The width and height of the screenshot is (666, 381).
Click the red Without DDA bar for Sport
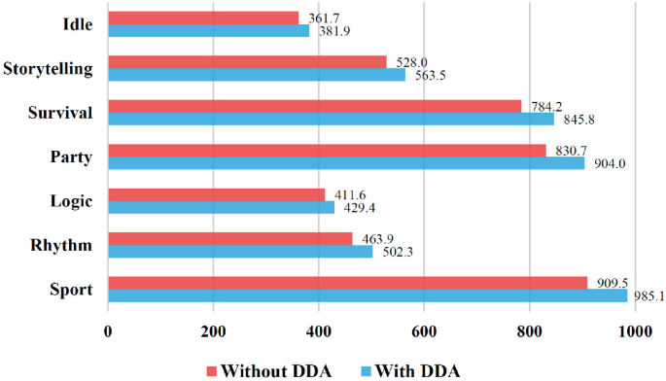pos(347,282)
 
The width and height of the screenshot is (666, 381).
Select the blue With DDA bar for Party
pos(346,163)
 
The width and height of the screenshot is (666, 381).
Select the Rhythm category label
pos(61,246)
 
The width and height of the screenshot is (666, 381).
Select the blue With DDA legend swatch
pos(368,370)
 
